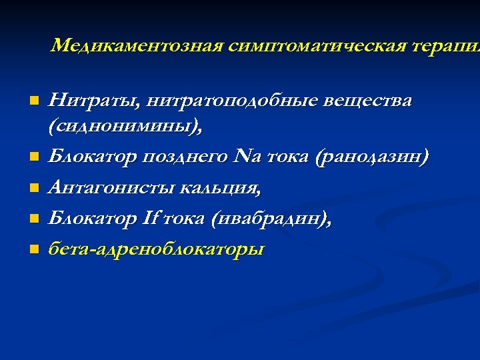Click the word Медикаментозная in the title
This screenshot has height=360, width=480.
coord(137,45)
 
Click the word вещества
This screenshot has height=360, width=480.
coord(369,101)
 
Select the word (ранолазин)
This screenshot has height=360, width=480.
coord(373,158)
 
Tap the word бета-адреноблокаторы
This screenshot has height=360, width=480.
coord(157,250)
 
